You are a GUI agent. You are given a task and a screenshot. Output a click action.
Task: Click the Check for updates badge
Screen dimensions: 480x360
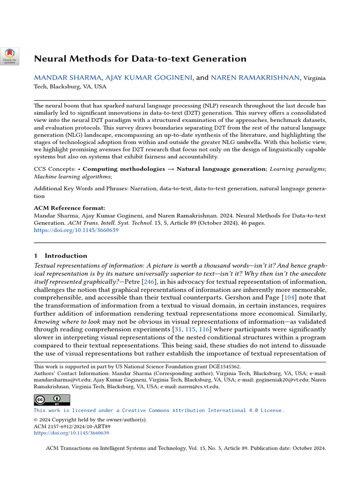coord(9,56)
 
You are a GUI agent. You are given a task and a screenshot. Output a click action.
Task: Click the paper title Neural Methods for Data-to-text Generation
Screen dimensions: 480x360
coord(140,59)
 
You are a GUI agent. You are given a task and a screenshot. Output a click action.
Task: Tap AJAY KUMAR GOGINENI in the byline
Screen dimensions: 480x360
coord(149,78)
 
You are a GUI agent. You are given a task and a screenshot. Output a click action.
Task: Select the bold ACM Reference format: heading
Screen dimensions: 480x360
coord(69,208)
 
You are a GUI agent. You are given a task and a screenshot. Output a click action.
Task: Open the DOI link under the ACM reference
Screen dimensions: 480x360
coord(76,230)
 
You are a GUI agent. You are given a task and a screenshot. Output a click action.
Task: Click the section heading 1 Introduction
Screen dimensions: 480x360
coord(60,255)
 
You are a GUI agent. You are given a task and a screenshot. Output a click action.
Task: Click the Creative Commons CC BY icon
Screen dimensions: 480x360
coord(52,400)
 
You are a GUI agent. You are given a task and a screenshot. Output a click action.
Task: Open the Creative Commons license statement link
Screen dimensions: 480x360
coord(158,410)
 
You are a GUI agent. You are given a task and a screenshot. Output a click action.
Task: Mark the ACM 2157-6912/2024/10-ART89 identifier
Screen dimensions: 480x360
coord(72,427)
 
